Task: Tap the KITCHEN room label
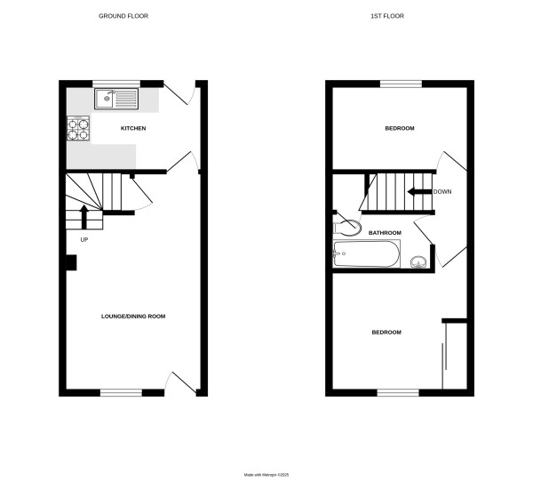click(x=133, y=129)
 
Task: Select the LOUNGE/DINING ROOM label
click(x=133, y=316)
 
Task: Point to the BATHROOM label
click(x=385, y=233)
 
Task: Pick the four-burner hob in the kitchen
click(x=78, y=130)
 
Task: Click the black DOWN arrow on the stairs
click(x=418, y=191)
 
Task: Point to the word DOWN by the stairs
click(x=442, y=191)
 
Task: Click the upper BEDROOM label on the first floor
click(x=399, y=129)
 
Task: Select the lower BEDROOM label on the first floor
click(x=386, y=333)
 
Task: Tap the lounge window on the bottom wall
click(x=121, y=392)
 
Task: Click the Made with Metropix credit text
click(x=266, y=475)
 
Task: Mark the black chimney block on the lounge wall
click(x=71, y=262)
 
